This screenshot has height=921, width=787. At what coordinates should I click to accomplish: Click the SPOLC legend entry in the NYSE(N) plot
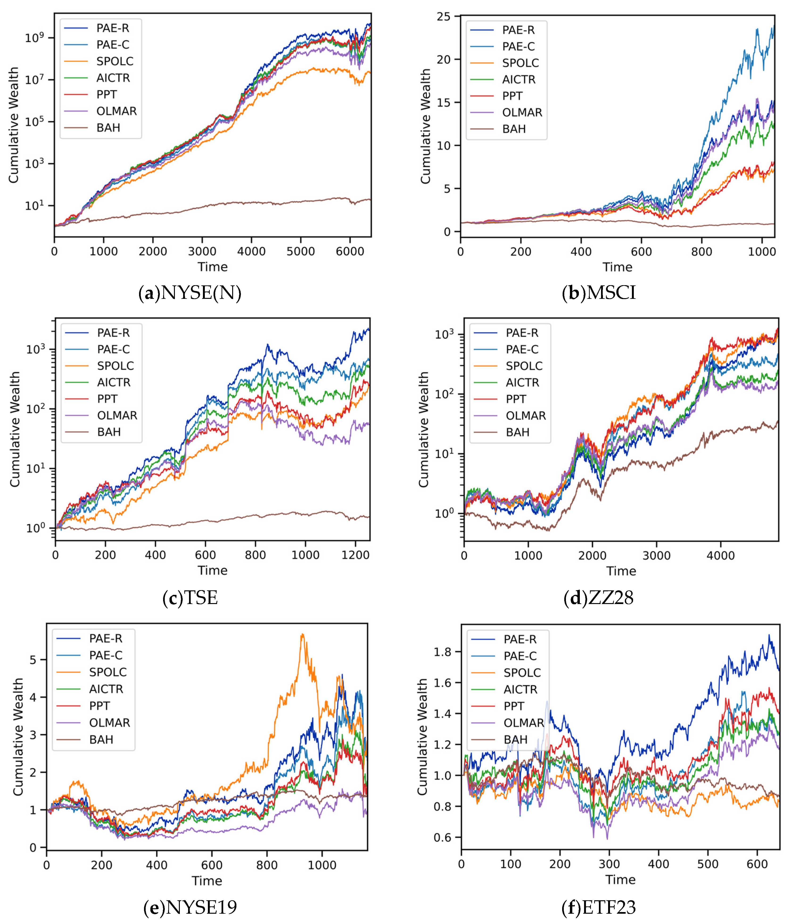114,61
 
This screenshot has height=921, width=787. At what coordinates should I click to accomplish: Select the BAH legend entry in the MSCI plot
514,129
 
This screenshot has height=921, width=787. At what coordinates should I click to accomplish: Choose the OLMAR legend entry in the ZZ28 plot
525,416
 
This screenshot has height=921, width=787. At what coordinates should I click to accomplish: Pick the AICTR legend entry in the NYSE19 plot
106,689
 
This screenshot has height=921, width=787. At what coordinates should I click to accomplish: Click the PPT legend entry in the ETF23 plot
514,706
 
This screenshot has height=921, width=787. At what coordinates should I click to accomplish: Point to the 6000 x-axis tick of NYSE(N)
350,252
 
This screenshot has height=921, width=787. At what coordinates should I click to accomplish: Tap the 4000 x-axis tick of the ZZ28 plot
721,556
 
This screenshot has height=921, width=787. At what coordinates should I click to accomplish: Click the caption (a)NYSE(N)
190,293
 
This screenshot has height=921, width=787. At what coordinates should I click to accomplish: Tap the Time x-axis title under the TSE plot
212,571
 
